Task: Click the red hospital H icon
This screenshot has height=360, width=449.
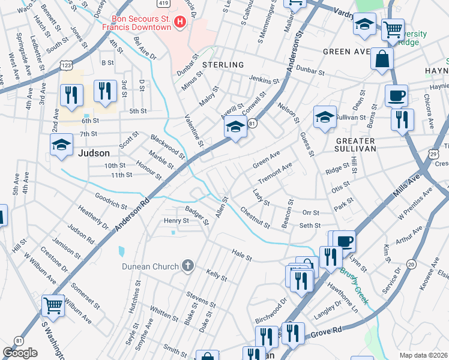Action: (179, 23)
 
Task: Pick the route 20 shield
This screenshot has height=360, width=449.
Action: (411, 264)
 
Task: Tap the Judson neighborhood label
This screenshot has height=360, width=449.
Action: (94, 153)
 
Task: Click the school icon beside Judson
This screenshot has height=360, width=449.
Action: (61, 145)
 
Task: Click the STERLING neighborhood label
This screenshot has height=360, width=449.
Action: (223, 64)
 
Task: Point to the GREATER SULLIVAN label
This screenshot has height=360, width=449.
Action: (352, 145)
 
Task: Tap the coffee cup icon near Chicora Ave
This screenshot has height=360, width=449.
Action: (396, 96)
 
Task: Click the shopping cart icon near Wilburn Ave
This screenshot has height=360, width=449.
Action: (53, 305)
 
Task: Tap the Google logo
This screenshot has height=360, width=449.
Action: (20, 353)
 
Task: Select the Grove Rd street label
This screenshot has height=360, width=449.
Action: (328, 329)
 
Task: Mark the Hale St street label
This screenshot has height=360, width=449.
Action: (242, 257)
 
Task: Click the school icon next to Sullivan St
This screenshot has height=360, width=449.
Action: (324, 116)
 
